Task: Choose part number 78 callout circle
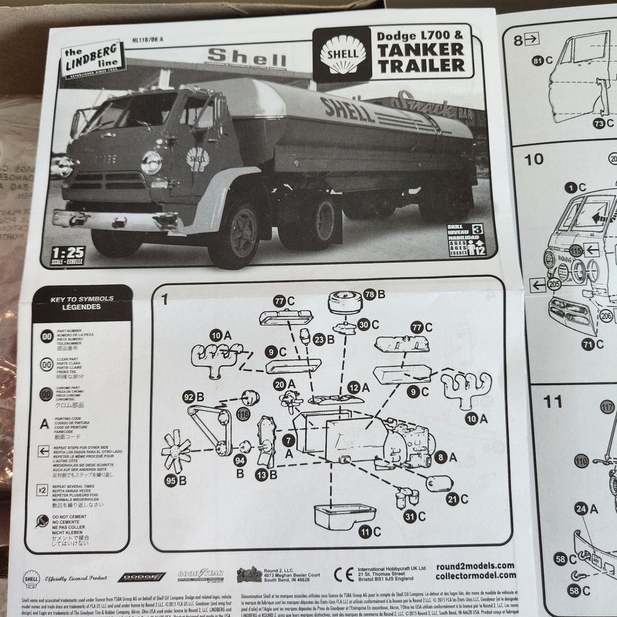click(x=369, y=294)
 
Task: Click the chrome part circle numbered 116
click(x=242, y=415)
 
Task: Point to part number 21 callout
click(x=452, y=499)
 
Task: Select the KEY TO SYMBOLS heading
click(x=82, y=303)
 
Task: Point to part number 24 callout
click(x=581, y=509)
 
